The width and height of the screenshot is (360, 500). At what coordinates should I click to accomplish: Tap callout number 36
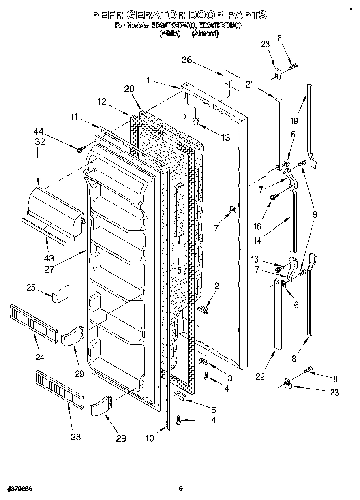click(x=187, y=60)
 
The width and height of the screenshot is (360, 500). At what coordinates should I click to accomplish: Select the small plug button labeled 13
click(x=196, y=120)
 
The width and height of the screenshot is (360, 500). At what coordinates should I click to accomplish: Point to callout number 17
click(x=214, y=228)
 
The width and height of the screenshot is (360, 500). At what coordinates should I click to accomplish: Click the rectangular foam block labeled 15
click(x=178, y=210)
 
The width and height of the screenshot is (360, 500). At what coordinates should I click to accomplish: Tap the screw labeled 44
click(x=79, y=150)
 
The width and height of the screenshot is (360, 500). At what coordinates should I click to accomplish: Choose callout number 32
click(x=40, y=141)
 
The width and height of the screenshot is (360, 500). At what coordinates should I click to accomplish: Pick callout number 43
click(x=48, y=257)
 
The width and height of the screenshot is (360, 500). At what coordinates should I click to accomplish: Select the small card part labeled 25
click(x=60, y=294)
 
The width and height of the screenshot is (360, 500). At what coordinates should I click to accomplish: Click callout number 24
click(x=39, y=357)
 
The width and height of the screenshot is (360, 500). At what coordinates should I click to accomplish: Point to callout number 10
click(x=150, y=438)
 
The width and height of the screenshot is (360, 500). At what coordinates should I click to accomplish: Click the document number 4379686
click(x=19, y=488)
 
